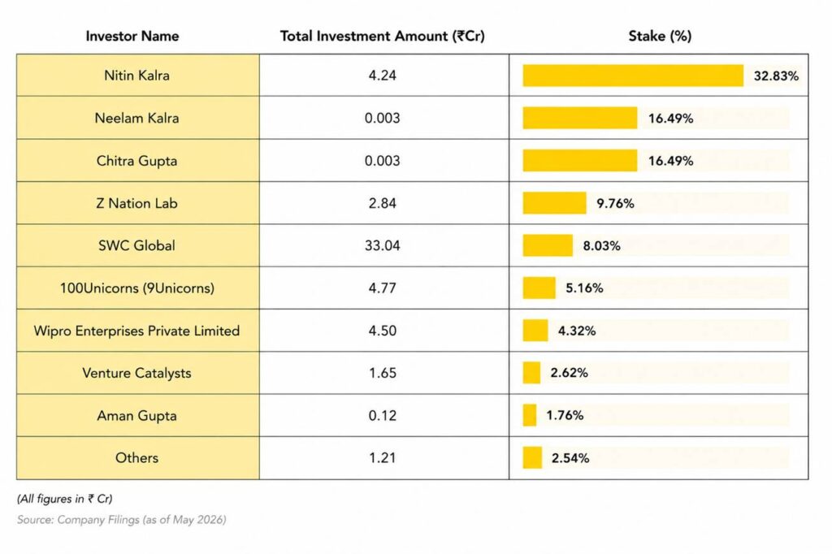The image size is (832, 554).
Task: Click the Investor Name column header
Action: [132, 36]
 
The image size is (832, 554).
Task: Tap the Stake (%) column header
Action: [660, 36]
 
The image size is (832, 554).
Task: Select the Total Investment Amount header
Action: [382, 36]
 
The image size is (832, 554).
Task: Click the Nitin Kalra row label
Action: [136, 76]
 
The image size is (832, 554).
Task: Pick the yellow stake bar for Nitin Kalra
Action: [633, 76]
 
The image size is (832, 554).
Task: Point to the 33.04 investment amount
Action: [382, 245]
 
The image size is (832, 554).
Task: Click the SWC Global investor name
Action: [136, 245]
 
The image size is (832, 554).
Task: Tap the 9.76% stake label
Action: [615, 203]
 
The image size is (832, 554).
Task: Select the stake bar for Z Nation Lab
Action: [554, 203]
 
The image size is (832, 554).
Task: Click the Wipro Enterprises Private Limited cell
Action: [136, 331]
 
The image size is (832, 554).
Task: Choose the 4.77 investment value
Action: [382, 288]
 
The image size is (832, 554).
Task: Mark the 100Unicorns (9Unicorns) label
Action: [136, 288]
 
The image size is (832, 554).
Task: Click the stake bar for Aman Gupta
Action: [530, 415]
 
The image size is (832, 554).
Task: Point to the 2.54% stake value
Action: [570, 458]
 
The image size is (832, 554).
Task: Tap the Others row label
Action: [136, 458]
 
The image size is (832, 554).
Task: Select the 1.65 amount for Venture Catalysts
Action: [382, 373]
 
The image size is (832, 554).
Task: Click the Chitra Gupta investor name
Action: [136, 161]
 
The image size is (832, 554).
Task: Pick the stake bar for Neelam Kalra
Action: [580, 118]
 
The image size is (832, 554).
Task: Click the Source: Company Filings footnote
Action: [122, 520]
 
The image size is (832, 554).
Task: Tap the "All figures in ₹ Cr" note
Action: [65, 499]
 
